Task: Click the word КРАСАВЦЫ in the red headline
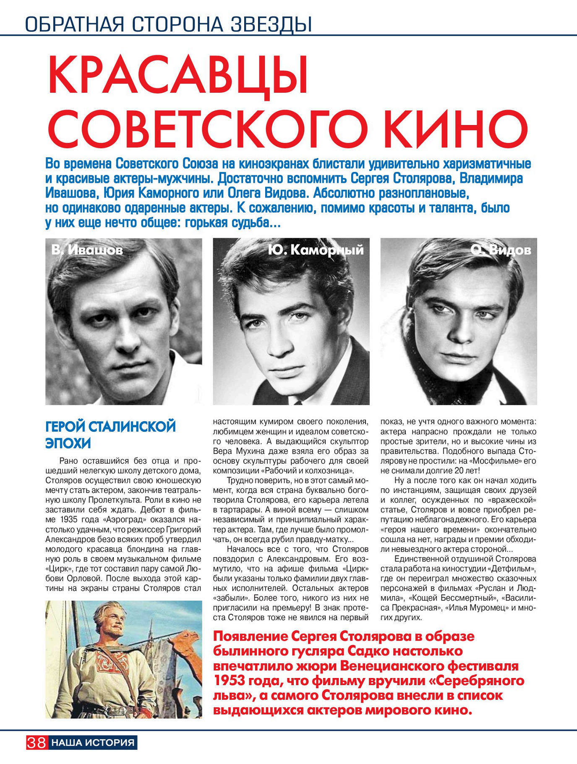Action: tap(178, 76)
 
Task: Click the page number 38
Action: tap(37, 743)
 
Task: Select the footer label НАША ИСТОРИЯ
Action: tap(93, 743)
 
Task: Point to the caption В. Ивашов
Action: tap(87, 250)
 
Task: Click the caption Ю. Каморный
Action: tap(316, 250)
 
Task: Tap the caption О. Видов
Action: tap(501, 250)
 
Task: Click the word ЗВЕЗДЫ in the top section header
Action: tap(271, 24)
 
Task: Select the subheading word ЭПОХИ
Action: tap(68, 443)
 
